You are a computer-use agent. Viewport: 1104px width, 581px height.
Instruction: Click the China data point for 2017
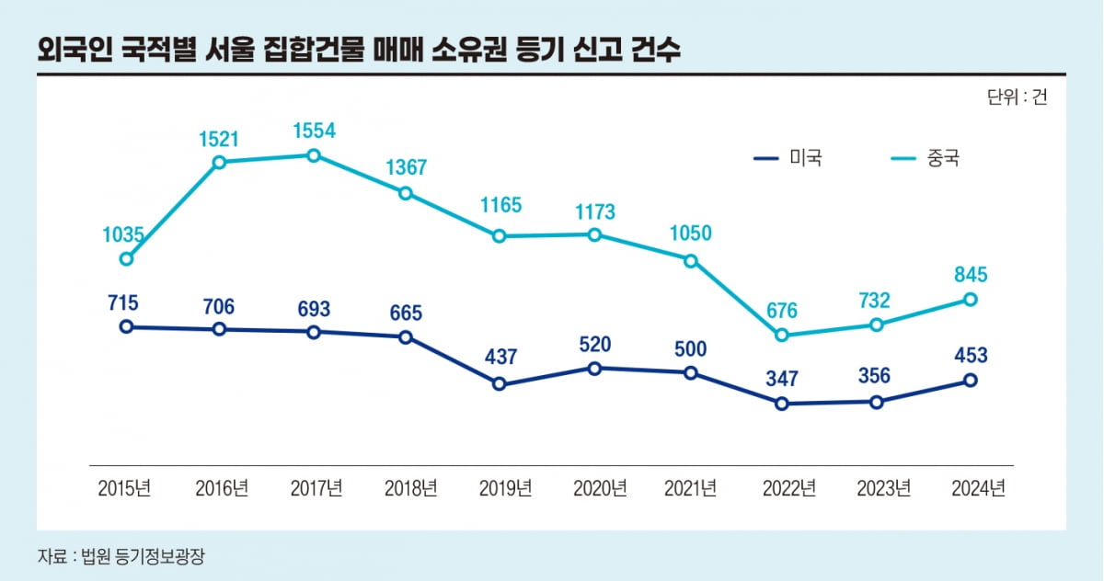[x=314, y=155]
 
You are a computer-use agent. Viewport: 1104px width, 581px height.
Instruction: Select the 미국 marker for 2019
[x=500, y=384]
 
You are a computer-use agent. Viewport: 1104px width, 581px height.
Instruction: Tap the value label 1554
[x=314, y=131]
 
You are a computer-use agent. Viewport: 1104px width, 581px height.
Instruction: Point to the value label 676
[x=781, y=310]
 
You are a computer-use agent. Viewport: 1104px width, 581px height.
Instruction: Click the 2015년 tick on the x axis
[x=124, y=488]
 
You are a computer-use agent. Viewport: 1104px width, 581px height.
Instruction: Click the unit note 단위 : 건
[x=1017, y=98]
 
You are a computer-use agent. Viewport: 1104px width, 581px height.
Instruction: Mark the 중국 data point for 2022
[x=782, y=336]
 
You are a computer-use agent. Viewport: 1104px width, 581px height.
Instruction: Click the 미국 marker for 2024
[x=970, y=380]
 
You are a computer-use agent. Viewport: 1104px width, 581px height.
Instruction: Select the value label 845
[x=970, y=274]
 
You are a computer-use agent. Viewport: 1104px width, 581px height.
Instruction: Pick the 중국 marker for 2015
[x=127, y=259]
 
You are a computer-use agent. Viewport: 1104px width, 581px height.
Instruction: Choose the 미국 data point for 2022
[x=782, y=404]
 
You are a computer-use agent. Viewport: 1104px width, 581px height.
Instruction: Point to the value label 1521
[x=219, y=139]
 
